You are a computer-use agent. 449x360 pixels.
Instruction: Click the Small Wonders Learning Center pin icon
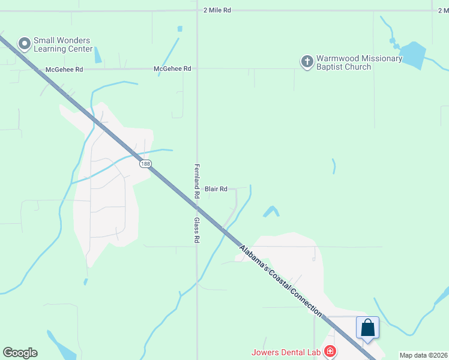(x=25, y=43)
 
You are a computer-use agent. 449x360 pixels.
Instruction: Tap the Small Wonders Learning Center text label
(x=63, y=44)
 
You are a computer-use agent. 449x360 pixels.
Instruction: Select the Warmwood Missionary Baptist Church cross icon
(x=307, y=61)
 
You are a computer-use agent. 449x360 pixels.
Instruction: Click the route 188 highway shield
(x=145, y=164)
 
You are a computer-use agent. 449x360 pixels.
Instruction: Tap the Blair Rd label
(x=216, y=189)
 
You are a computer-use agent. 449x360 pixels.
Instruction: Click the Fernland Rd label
(x=196, y=182)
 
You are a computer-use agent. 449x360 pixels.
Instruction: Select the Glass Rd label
(x=196, y=230)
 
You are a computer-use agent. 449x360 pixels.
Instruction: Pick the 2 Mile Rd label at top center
(x=217, y=11)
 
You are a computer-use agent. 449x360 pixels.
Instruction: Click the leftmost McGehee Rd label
(x=64, y=70)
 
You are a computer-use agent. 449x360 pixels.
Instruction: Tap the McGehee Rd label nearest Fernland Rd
(x=172, y=69)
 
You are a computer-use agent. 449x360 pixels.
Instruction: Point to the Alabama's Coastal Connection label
(x=280, y=280)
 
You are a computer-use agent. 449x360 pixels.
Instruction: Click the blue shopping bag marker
(x=367, y=328)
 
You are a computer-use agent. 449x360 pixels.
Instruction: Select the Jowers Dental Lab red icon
(x=329, y=351)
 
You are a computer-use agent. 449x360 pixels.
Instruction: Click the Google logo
(x=20, y=353)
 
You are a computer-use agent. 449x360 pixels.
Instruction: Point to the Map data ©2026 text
(x=423, y=355)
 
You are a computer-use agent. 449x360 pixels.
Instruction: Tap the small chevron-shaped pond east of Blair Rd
(x=271, y=211)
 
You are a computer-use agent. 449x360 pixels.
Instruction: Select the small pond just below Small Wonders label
(x=98, y=55)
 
